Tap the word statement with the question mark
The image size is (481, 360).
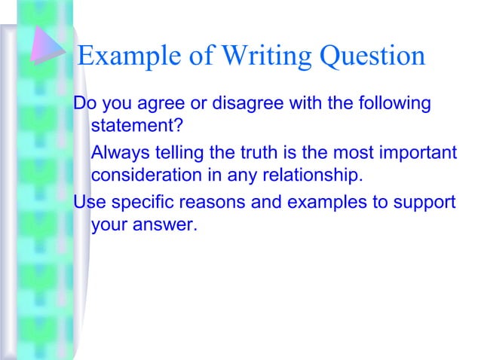click(x=138, y=126)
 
